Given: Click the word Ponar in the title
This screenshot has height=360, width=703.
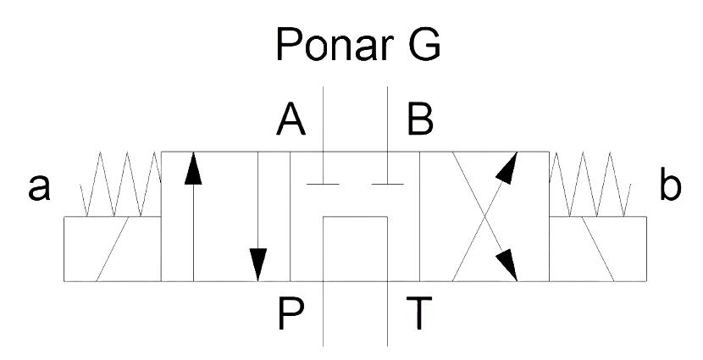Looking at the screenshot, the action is pos(335,44).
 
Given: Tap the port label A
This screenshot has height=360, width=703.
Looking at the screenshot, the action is pos(291,119).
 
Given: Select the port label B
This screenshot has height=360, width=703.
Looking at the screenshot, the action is pos(420,119).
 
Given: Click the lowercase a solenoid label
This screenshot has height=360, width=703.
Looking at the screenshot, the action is pos(40,187).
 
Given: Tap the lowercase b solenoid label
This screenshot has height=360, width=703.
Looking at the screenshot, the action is pos(670,184).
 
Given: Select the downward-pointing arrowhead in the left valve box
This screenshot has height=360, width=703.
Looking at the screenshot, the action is pos(257,264).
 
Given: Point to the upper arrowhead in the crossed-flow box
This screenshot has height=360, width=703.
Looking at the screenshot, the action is pos(508,168).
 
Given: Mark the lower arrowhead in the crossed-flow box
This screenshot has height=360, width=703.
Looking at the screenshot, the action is pos(507,265).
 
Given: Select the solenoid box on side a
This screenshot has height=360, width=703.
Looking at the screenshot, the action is pos(112,249).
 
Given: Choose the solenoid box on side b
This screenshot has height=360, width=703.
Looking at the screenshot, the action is pos(598,249).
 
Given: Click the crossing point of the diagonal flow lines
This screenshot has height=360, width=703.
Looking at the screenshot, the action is pos(484,217).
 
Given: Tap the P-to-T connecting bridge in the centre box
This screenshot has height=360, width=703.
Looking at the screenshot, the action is pos(355,217).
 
